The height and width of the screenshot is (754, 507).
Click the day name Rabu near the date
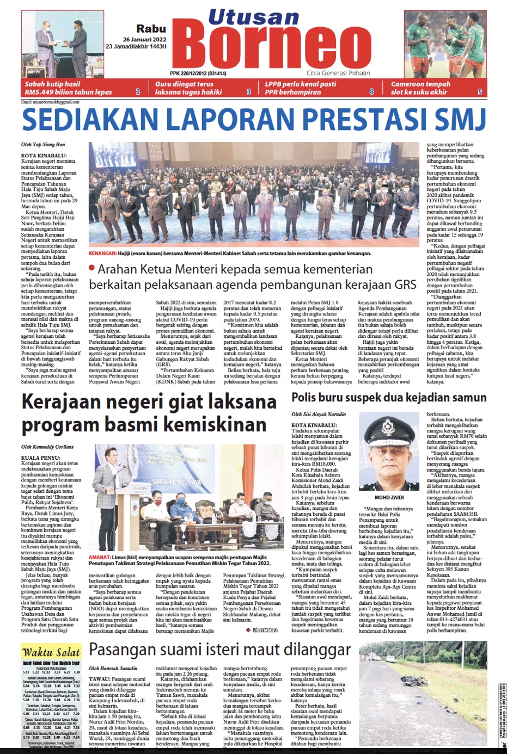click(151, 29)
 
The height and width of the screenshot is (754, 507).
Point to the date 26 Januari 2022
click(144, 40)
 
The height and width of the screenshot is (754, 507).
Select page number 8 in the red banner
click(371, 91)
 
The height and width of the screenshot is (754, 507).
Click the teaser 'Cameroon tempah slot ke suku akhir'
click(420, 88)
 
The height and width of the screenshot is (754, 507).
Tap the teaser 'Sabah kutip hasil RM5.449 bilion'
click(68, 88)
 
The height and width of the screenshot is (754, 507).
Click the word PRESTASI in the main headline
click(368, 120)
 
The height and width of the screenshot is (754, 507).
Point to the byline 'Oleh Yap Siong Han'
click(43, 145)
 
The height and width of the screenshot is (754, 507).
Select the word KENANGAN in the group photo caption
click(103, 254)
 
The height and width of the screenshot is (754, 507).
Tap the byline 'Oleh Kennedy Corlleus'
click(47, 447)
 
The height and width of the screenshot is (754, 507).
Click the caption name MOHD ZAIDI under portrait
click(389, 497)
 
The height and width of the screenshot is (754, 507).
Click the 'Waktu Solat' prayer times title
click(51, 652)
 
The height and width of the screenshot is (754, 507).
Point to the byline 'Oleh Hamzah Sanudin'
click(113, 668)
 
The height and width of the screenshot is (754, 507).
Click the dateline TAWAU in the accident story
click(99, 679)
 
